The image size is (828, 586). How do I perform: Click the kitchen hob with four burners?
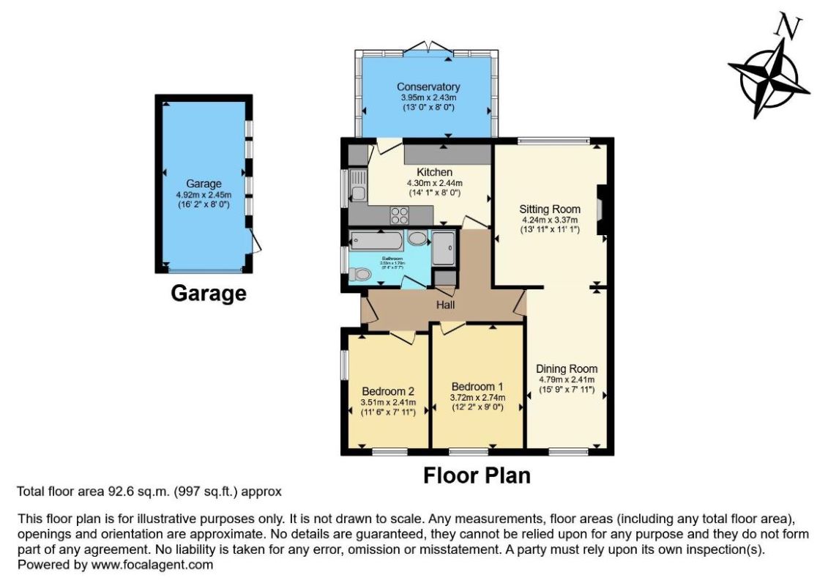[x=400, y=215]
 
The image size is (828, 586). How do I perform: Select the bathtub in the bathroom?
[x=376, y=241]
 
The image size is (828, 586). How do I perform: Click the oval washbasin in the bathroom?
[x=417, y=240]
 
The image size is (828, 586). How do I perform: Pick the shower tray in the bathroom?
[x=443, y=248]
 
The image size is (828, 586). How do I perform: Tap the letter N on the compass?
[x=788, y=27]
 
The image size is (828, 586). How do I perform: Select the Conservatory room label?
[x=428, y=87]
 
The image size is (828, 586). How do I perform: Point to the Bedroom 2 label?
[x=388, y=390]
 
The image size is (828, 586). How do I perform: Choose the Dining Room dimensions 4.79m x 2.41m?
[x=567, y=379]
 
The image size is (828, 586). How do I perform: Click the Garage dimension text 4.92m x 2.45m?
[x=204, y=195]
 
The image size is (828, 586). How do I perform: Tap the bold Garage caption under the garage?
[x=208, y=294]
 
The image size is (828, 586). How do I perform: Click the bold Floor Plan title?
[x=477, y=475]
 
